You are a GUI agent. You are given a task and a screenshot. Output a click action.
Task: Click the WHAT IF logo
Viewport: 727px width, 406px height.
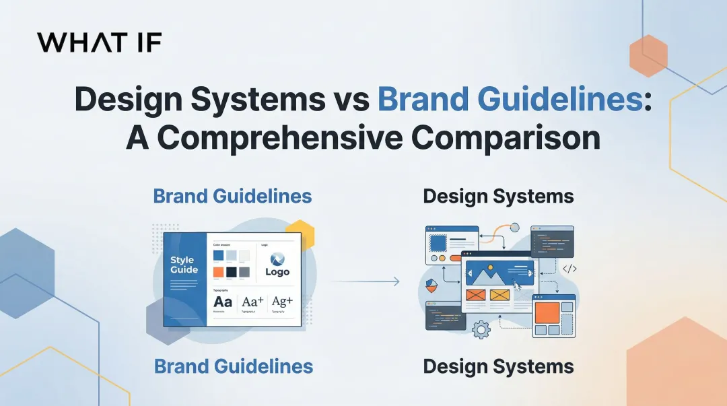point(99,42)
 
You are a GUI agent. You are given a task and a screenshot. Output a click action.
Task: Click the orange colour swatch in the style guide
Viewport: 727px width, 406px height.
point(218,272)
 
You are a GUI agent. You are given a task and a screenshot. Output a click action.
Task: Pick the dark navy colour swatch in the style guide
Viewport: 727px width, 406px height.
point(232,272)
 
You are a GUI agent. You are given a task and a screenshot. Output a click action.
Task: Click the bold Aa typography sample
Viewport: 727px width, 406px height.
point(222,302)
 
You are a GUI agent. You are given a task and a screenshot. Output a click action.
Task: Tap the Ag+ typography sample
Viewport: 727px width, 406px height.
point(283,302)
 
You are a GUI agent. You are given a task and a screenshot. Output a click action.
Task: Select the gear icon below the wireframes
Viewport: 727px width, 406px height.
point(481,329)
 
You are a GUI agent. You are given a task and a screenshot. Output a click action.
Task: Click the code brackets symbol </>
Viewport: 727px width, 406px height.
point(569,269)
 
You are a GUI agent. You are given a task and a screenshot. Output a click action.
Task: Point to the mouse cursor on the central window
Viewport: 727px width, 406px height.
point(517,286)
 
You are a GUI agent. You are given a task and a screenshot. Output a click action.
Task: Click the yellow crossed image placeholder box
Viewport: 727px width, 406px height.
point(499,295)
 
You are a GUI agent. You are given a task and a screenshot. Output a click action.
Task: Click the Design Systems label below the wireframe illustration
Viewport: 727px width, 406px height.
point(498,367)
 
